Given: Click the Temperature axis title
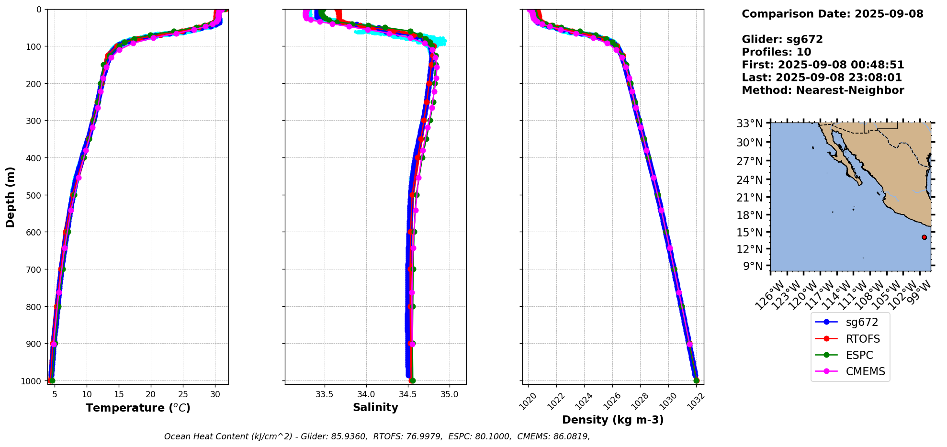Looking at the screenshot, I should [138, 408].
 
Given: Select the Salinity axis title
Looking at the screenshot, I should [375, 407].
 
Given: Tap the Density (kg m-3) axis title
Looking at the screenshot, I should [613, 420].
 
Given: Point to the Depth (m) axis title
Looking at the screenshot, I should [11, 197].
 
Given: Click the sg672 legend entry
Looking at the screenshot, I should [861, 323].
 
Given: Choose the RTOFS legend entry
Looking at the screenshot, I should [862, 339].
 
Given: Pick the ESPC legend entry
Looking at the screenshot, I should [859, 355].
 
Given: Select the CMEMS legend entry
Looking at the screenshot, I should [865, 371].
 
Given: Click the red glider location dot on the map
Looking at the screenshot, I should [924, 237].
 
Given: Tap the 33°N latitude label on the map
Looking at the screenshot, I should [749, 123].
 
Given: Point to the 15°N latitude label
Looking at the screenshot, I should [749, 232].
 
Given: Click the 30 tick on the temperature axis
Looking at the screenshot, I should [215, 394].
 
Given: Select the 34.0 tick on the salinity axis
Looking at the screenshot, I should [366, 394].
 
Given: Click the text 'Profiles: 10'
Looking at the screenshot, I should [776, 52].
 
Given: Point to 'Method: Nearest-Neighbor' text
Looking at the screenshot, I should [823, 90].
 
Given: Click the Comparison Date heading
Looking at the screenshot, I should [832, 14].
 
